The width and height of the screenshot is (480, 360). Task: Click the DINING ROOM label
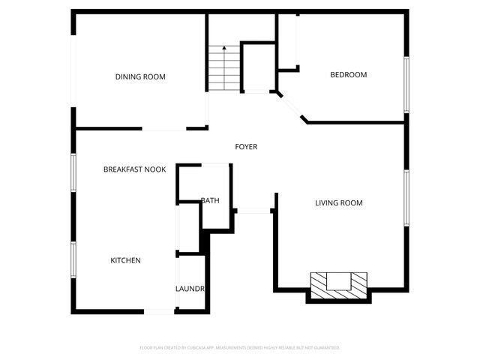point(140,76)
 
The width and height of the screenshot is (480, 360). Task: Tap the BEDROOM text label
point(349,74)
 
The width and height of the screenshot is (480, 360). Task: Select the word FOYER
point(246,146)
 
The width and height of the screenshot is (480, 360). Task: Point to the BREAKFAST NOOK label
point(134,169)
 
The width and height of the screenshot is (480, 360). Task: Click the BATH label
point(210,200)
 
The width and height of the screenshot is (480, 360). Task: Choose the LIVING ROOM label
point(338,202)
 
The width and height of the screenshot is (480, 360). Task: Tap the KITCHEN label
point(125,260)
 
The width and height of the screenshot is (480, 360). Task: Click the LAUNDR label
point(190,288)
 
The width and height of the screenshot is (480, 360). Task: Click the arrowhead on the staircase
point(223,49)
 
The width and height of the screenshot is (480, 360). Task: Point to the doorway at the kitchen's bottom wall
point(159,311)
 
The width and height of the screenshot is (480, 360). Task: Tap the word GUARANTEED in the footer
point(325,348)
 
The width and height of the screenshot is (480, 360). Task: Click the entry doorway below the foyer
point(253,211)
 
